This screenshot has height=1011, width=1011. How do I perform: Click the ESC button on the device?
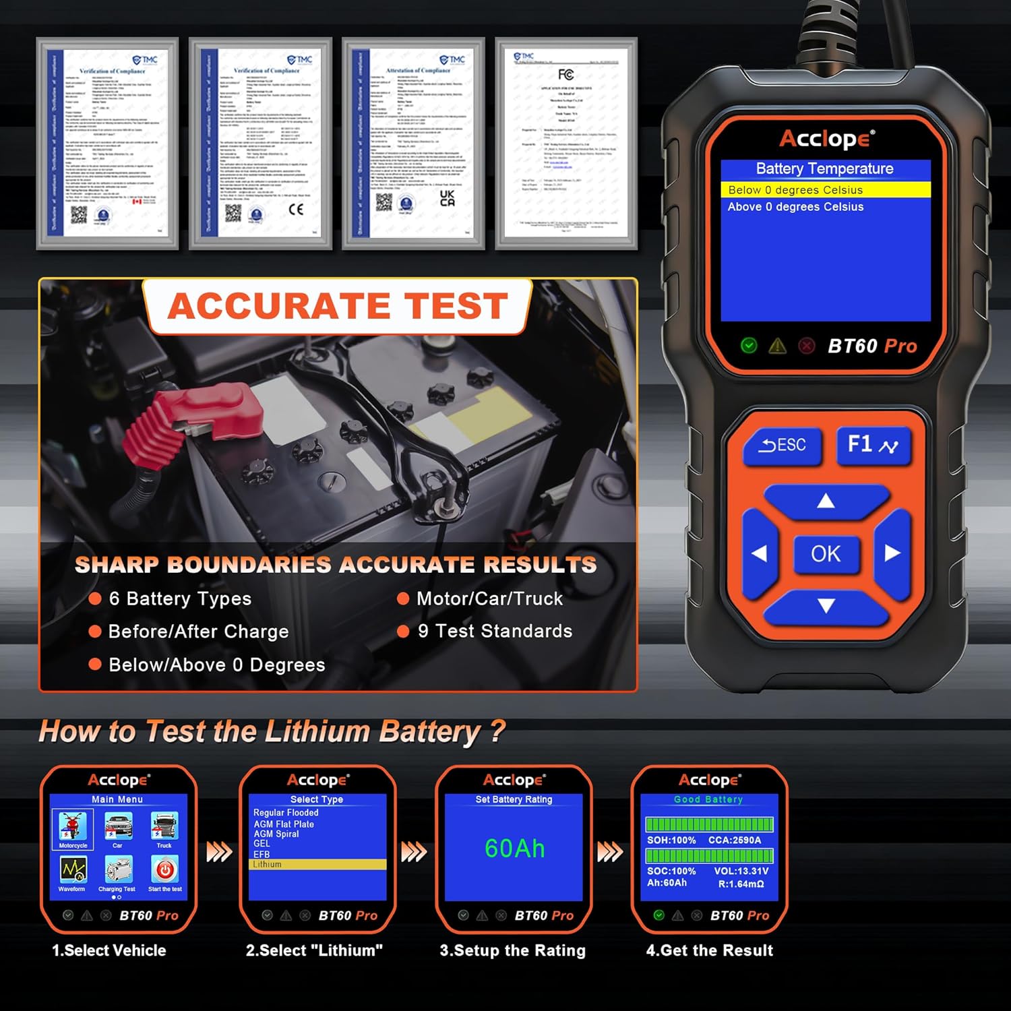point(783,446)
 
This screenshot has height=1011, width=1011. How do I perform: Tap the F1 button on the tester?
point(873,445)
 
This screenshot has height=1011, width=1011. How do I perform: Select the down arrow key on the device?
point(826,606)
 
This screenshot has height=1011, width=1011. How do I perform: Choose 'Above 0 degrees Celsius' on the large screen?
point(795,207)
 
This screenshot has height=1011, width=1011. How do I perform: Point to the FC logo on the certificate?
point(565,75)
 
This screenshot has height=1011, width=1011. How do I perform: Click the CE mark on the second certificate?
point(296,210)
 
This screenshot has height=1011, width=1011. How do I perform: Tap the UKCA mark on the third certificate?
point(447,197)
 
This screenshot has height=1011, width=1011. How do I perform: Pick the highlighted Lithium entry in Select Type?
point(317,864)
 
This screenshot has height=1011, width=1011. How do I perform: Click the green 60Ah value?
point(514,849)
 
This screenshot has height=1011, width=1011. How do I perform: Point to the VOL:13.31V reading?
point(741,871)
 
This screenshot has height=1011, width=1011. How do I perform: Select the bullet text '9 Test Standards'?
point(495,631)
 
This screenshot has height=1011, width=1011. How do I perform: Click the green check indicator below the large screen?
point(748,346)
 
